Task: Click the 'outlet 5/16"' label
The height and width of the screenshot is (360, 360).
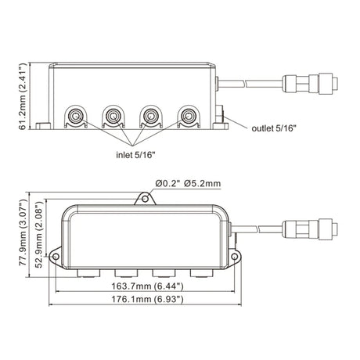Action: click(x=274, y=128)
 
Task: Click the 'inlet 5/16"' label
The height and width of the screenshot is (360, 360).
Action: click(x=135, y=155)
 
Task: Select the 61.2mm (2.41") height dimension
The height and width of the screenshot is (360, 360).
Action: click(x=23, y=96)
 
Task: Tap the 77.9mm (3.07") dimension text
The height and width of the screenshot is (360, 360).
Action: click(x=23, y=232)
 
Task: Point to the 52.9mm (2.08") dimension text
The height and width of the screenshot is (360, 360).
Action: click(x=38, y=235)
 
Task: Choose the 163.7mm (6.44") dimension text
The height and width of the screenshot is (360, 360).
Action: click(x=147, y=286)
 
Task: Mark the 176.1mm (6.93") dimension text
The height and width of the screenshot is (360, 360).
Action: click(x=147, y=299)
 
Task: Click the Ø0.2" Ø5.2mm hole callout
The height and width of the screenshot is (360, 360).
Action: click(x=188, y=183)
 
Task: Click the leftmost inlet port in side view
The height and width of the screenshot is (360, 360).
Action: click(x=76, y=117)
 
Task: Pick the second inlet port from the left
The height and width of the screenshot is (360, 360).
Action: click(x=113, y=117)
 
